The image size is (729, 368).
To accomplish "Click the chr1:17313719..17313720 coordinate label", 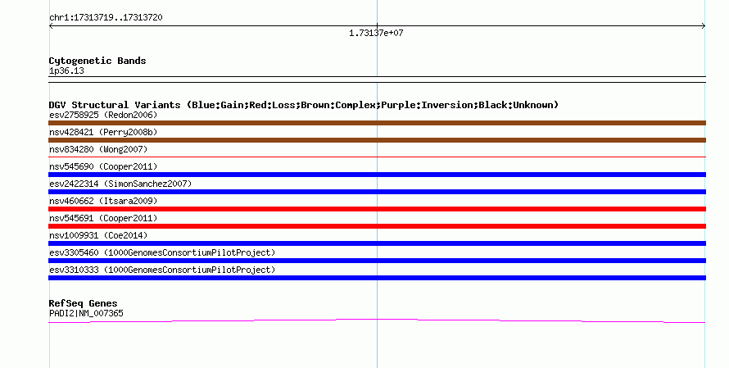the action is click(x=106, y=18).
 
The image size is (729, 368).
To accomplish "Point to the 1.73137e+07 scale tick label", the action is click(x=376, y=33).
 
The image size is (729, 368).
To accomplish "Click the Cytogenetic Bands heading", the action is click(x=97, y=61).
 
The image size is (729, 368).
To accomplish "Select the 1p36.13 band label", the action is click(x=66, y=70).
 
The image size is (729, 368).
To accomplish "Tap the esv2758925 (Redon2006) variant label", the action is click(x=103, y=115).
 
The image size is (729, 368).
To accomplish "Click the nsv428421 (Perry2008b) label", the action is click(x=103, y=132).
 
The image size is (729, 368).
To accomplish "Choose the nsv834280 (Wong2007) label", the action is click(x=98, y=149).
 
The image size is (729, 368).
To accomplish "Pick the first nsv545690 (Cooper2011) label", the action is click(x=103, y=166).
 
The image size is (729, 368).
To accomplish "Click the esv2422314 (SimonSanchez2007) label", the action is click(x=120, y=184).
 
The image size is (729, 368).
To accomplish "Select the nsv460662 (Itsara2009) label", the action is click(x=103, y=201).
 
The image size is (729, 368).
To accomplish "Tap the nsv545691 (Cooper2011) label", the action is click(x=103, y=218).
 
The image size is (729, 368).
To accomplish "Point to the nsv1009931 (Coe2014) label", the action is click(x=98, y=235).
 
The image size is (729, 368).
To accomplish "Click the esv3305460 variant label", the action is click(x=162, y=252).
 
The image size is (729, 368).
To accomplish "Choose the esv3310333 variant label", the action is click(x=162, y=270).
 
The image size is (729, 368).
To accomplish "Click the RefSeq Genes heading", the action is click(x=83, y=303).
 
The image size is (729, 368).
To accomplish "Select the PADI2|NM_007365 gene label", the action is click(x=86, y=314).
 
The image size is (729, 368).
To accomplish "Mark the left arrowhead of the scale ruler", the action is click(x=50, y=26).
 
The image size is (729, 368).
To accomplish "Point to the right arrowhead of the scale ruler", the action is click(x=704, y=26).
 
